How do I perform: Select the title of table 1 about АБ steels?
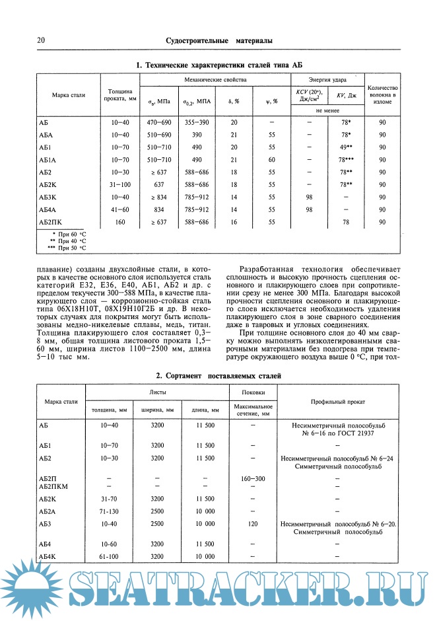pyautogui.click(x=218, y=65)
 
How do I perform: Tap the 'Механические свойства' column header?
pyautogui.click(x=215, y=79)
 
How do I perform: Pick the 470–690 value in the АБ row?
pyautogui.click(x=158, y=123)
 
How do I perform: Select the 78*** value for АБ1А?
pyautogui.click(x=345, y=160)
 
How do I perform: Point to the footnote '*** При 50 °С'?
pyautogui.click(x=67, y=248)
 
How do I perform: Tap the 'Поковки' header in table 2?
pyautogui.click(x=252, y=392)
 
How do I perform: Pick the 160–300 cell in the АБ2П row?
pyautogui.click(x=252, y=478)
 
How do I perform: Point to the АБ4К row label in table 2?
pyautogui.click(x=51, y=557)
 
